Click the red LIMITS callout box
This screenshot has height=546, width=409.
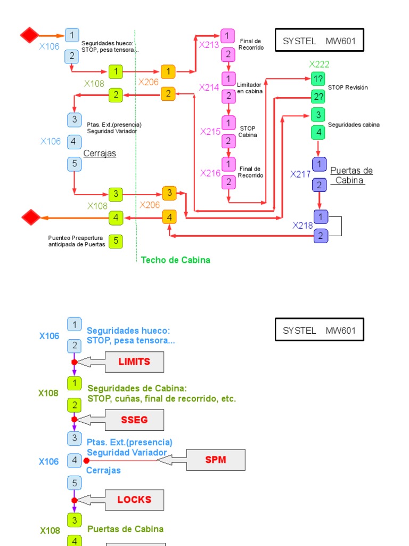[x=134, y=362]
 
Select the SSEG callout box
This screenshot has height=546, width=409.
[x=134, y=420]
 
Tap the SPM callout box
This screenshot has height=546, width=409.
[x=216, y=460]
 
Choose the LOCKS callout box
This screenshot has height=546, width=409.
[x=134, y=500]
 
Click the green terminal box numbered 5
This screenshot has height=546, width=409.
[x=116, y=242]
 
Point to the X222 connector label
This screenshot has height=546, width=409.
[x=319, y=65]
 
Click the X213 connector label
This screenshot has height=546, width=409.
[x=209, y=45]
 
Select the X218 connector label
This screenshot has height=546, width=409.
[x=302, y=226]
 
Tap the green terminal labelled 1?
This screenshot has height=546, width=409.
[x=318, y=79]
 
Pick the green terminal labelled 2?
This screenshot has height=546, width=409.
[x=318, y=97]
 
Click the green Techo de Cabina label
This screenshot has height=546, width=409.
[x=175, y=260]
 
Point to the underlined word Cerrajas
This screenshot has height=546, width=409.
[x=100, y=154]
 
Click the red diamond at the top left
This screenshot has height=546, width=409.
[x=30, y=35]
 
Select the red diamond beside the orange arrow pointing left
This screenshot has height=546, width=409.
[x=31, y=218]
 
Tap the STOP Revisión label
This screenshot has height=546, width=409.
[x=348, y=87]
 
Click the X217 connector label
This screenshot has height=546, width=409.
[x=300, y=174]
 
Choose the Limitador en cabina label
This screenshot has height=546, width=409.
[x=249, y=88]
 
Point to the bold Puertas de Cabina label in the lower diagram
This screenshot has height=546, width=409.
[x=125, y=529]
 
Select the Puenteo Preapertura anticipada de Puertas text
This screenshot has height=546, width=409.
[x=77, y=242]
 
